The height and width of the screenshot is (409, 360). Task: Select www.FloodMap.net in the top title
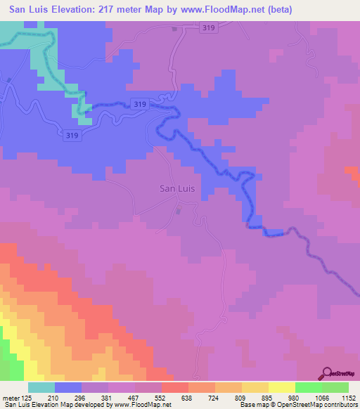coord(227,9)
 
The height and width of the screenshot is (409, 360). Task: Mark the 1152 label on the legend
coord(349,397)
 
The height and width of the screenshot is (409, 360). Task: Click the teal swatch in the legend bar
coord(41,387)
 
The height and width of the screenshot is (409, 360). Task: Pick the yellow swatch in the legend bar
coord(282,387)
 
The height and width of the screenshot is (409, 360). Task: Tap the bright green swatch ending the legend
coord(335,387)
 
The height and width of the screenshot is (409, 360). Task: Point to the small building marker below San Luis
coord(178,210)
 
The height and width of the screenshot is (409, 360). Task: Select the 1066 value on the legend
coord(322,397)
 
